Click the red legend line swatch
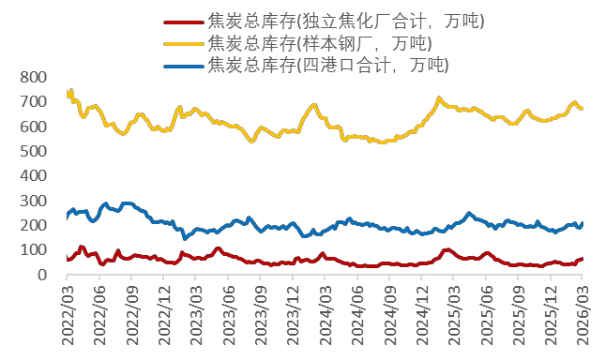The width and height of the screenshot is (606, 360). pos(182,22)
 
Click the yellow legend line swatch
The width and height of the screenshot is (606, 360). pos(182,43)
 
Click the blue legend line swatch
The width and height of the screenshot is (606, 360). pos(182,65)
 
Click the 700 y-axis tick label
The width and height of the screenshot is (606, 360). pos(38,101)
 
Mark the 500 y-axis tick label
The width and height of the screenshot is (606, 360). pos(38,151)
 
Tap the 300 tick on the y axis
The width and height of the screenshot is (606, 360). pos(38,201)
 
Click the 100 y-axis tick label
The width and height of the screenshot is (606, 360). pos(38,250)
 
